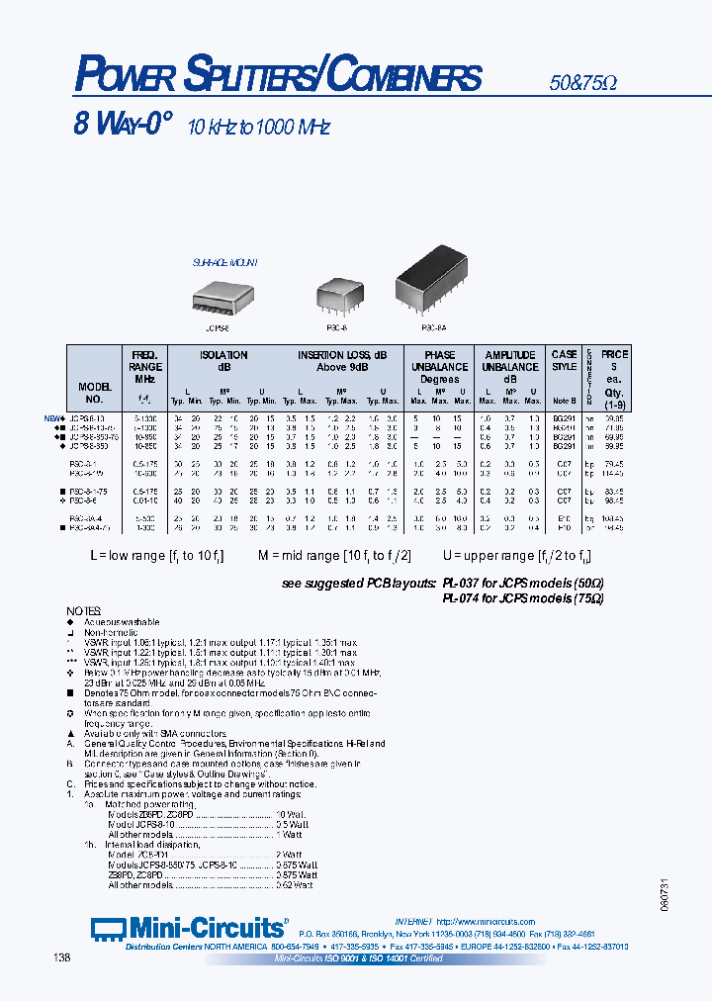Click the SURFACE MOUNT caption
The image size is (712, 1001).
pos(224,263)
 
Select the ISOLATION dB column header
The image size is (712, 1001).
pos(223,360)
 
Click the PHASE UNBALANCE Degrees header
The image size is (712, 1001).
pos(439,366)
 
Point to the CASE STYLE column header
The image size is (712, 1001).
pos(565,360)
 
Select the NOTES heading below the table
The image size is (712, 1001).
pos(83,610)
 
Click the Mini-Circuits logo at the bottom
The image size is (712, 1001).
pos(188,928)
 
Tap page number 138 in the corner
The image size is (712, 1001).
pos(61,956)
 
